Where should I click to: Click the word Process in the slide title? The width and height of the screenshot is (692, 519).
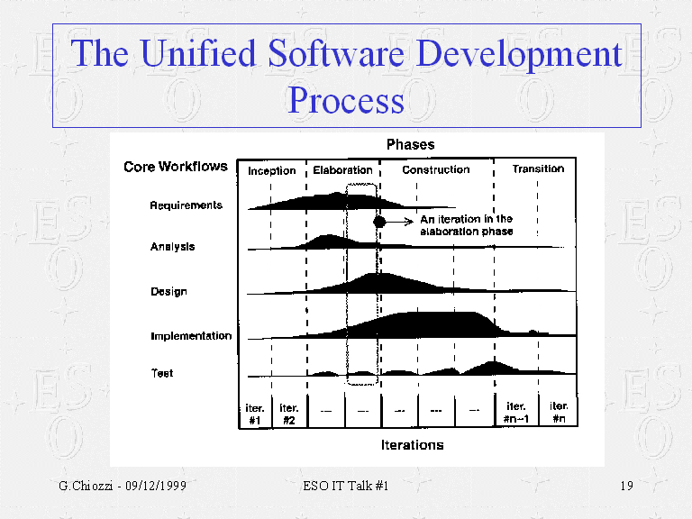(x=346, y=100)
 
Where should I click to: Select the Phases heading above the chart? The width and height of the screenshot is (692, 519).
(x=410, y=144)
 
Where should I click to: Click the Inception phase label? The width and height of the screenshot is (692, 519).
(x=272, y=170)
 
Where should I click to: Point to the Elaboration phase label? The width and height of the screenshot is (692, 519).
(x=342, y=169)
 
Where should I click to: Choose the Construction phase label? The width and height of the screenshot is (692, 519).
(x=435, y=169)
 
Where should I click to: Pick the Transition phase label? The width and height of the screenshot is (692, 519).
(x=538, y=168)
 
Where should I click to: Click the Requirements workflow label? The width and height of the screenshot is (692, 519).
(x=186, y=205)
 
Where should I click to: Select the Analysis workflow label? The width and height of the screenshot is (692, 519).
(x=172, y=247)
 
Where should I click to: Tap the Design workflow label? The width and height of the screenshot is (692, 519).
(x=168, y=292)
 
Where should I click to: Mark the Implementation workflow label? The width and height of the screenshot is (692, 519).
(x=190, y=336)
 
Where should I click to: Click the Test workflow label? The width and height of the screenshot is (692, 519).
(x=162, y=373)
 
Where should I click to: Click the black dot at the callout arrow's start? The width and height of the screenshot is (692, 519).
(x=379, y=220)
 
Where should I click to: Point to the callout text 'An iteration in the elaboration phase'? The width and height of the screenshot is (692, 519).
(x=466, y=225)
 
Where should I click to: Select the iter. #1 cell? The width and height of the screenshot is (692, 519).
(x=254, y=413)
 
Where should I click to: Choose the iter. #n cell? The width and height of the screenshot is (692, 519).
(x=559, y=412)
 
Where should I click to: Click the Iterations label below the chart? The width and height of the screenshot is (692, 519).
(x=412, y=445)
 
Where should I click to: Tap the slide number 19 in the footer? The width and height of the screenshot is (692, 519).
(x=627, y=487)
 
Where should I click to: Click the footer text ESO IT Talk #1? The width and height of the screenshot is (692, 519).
(x=346, y=487)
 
